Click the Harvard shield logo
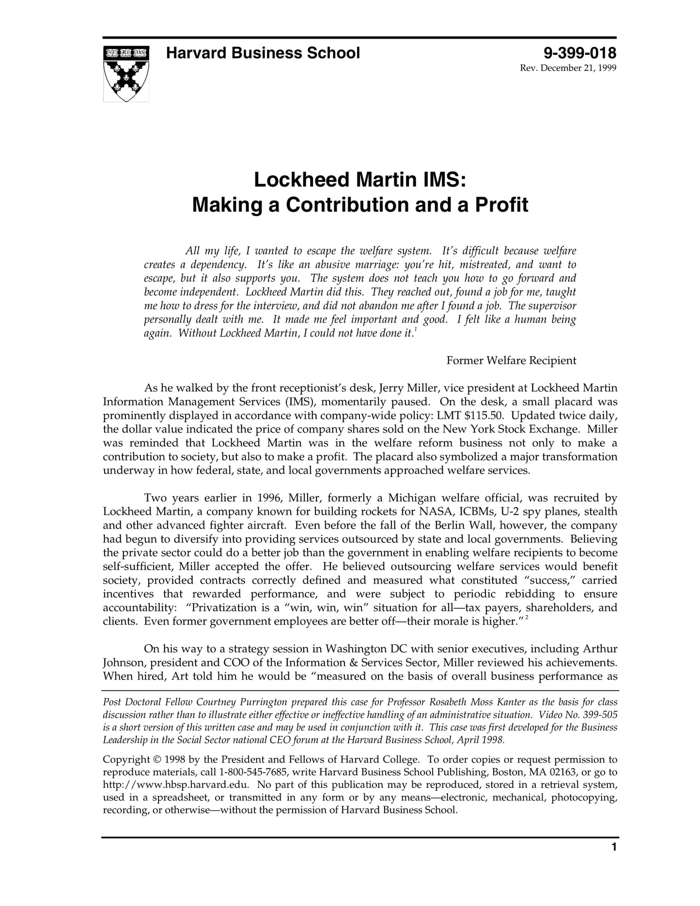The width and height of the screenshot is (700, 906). pos(126,74)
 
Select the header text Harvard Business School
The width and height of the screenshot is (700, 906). pos(263,53)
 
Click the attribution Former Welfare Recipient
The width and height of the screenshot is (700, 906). pos(511,360)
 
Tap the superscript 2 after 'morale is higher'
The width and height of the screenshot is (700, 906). pos(527,618)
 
